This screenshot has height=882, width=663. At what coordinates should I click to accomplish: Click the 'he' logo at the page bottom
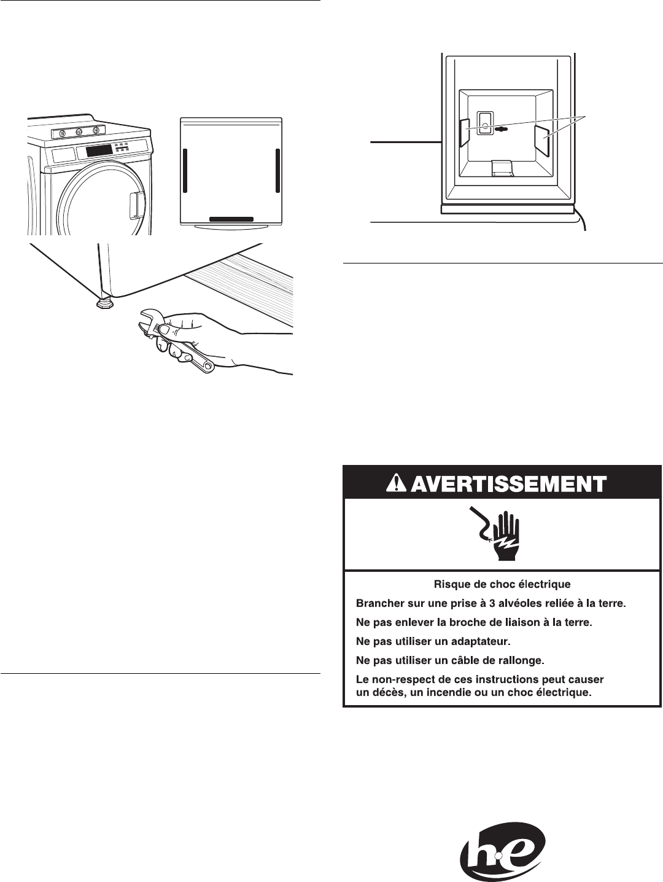click(x=502, y=854)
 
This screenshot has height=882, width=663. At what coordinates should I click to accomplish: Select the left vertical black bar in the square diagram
click(x=185, y=169)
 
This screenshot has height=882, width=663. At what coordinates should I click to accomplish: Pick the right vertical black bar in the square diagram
click(x=277, y=169)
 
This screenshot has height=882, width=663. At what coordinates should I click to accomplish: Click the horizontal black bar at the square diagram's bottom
click(x=231, y=219)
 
